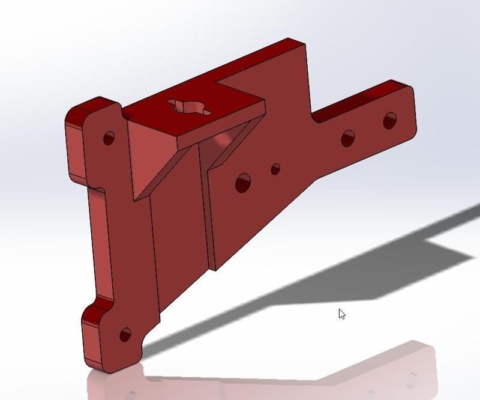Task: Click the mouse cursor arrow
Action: click(341, 314)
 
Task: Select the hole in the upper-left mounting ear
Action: click(109, 138)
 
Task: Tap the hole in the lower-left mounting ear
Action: click(125, 335)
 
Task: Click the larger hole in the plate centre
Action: click(243, 182)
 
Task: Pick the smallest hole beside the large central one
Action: click(275, 169)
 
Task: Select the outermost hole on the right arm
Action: click(390, 120)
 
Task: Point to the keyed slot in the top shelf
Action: click(188, 108)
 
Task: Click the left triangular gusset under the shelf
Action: click(157, 174)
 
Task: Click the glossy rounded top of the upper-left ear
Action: click(90, 108)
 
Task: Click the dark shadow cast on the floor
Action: click(360, 264)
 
